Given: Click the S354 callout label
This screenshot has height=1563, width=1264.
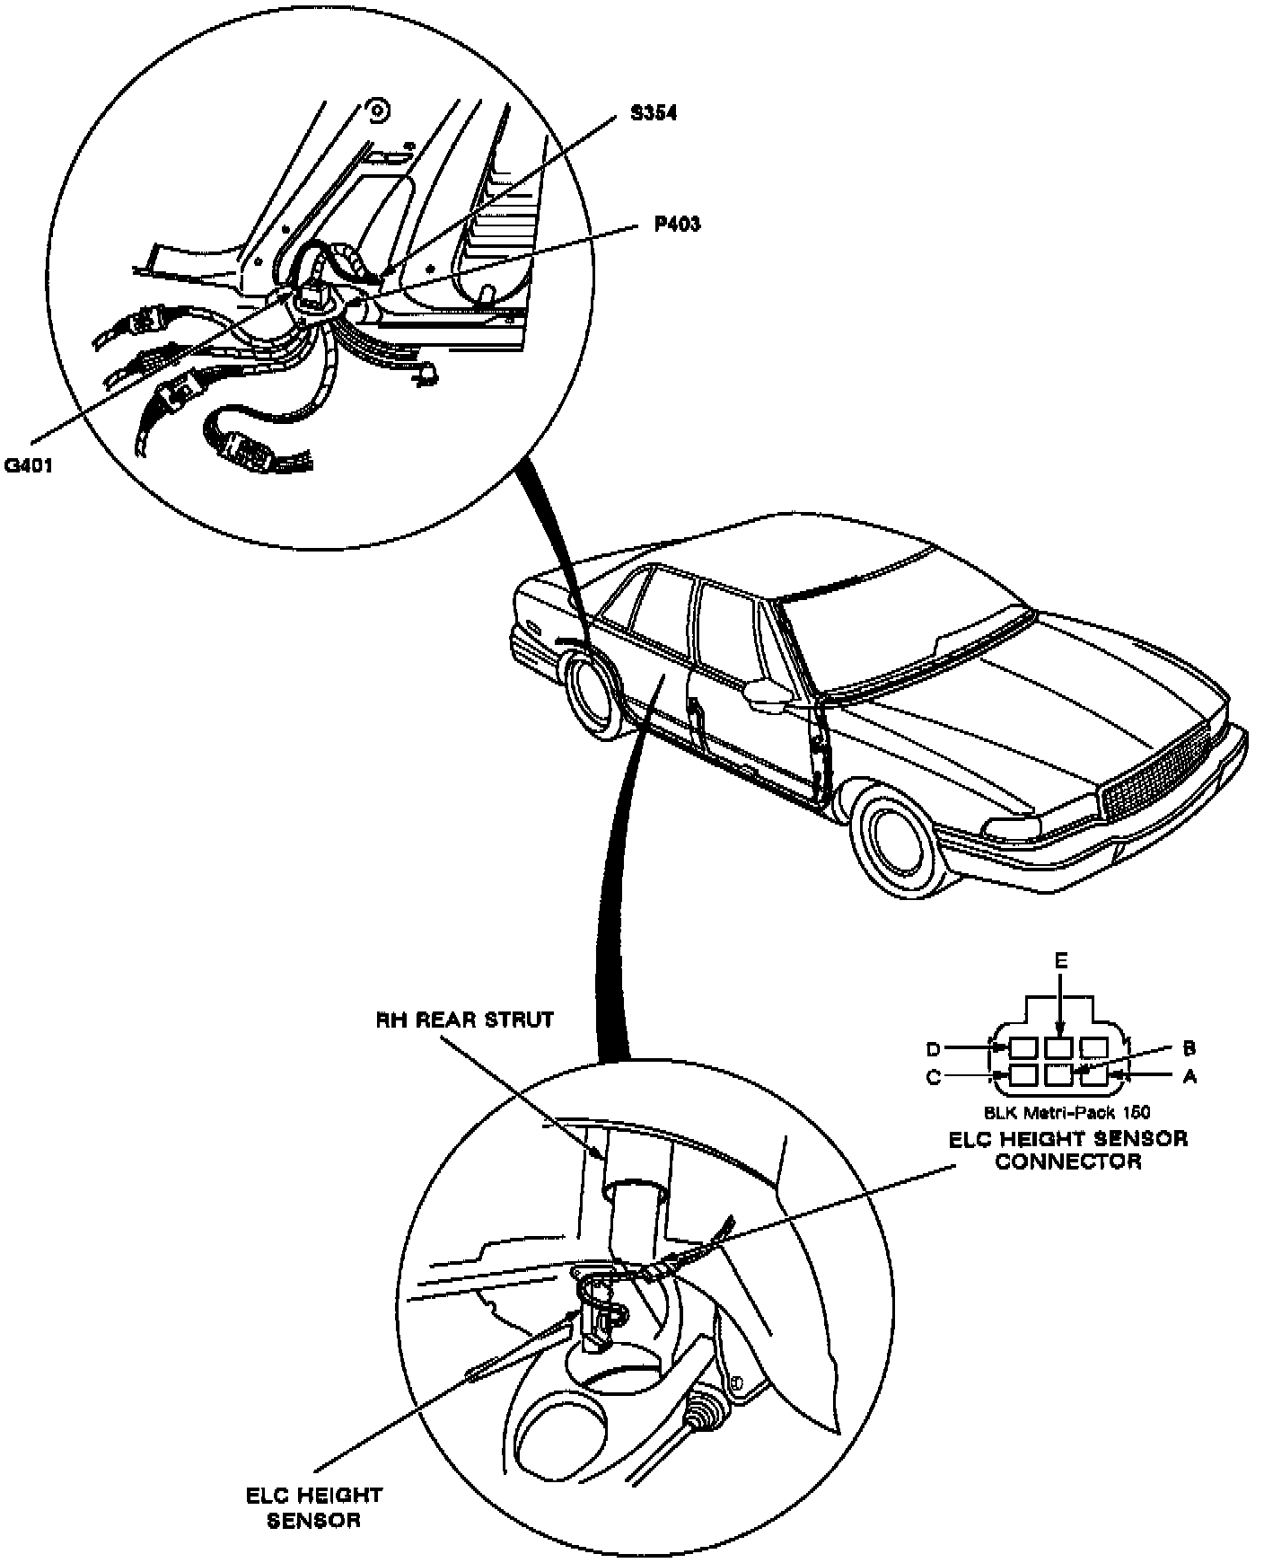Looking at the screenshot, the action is [653, 114].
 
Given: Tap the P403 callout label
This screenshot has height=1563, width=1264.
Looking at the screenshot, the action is [677, 224].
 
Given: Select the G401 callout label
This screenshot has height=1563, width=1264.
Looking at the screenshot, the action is [30, 465].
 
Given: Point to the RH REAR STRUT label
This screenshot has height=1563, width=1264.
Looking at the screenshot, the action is [464, 1020].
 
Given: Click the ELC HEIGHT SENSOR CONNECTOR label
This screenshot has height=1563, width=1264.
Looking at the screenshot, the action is [1068, 1150].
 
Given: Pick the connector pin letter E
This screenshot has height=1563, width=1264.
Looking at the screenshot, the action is [1060, 960].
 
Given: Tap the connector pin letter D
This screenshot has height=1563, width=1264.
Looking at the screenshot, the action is [934, 1049].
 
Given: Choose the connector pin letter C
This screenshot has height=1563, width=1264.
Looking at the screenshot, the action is [934, 1077].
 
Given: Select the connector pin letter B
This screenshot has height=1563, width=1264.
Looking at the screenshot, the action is [1189, 1047].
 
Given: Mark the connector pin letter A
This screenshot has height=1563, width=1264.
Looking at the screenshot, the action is [1190, 1076].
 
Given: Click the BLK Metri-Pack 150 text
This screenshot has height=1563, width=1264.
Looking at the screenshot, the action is [1067, 1112].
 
